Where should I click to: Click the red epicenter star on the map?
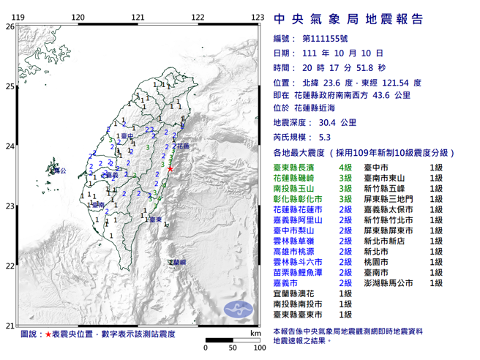(x=170, y=169)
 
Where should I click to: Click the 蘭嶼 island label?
(x=177, y=260)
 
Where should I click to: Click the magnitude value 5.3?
(x=325, y=137)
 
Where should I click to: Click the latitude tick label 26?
(x=10, y=26)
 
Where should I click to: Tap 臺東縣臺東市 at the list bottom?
(x=298, y=315)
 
